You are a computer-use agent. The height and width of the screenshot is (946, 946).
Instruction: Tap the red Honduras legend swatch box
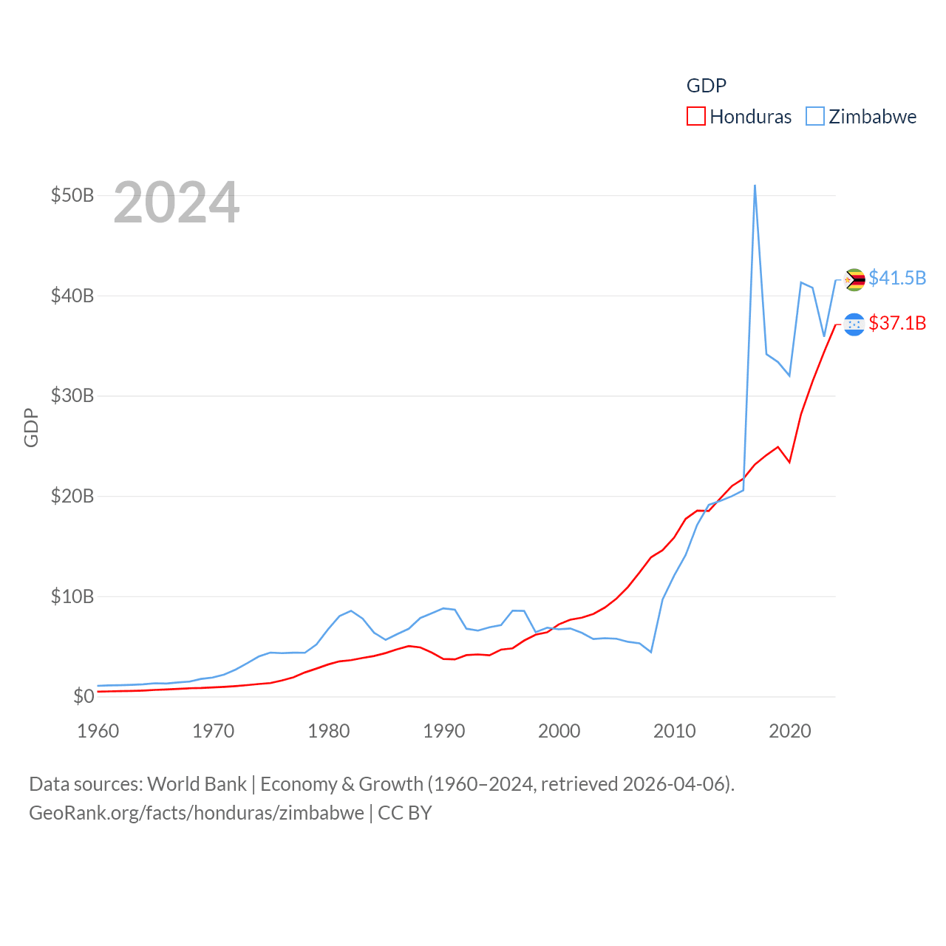pyautogui.click(x=695, y=117)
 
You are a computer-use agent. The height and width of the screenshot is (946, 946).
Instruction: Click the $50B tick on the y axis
pyautogui.click(x=72, y=196)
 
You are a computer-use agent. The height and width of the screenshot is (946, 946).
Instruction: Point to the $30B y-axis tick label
pyautogui.click(x=72, y=396)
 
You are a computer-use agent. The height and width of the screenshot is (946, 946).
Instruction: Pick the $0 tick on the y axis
pyautogui.click(x=84, y=697)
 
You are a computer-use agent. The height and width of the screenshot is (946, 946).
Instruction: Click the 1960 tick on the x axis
pyautogui.click(x=98, y=731)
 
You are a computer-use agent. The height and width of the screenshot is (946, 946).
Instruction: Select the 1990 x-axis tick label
pyautogui.click(x=444, y=731)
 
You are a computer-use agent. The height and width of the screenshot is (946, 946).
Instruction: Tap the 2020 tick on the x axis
pyautogui.click(x=790, y=731)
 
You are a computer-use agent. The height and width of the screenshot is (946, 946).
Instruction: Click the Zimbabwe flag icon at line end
pyautogui.click(x=854, y=279)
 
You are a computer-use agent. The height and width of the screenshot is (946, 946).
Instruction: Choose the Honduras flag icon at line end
pyautogui.click(x=854, y=324)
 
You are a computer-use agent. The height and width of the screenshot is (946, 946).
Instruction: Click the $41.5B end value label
pyautogui.click(x=897, y=278)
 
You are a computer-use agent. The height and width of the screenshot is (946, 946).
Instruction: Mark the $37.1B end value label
pyautogui.click(x=897, y=323)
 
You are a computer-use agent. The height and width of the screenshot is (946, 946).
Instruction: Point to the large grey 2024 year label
pyautogui.click(x=177, y=203)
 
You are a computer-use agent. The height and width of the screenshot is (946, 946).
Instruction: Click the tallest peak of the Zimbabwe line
pyautogui.click(x=755, y=186)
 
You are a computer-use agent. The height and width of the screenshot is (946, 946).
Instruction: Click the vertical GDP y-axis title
pyautogui.click(x=31, y=427)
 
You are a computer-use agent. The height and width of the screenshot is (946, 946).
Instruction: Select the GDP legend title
pyautogui.click(x=707, y=86)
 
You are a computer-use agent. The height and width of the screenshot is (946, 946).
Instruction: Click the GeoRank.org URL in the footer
pyautogui.click(x=197, y=813)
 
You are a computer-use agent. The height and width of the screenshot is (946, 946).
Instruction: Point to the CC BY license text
pyautogui.click(x=405, y=813)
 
